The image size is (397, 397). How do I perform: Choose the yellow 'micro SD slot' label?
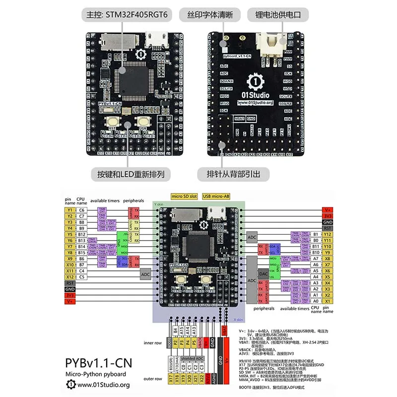click(x=184, y=196)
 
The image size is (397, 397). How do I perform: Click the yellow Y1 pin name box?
click(x=69, y=210)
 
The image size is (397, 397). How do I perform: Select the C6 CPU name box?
click(x=82, y=210)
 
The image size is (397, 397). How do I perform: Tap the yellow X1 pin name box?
click(x=327, y=301)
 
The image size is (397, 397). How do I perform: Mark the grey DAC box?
click(x=265, y=273)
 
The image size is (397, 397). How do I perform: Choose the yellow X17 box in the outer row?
click(x=170, y=380)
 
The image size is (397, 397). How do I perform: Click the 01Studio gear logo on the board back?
click(x=254, y=80)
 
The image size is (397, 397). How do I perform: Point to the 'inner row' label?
click(x=152, y=342)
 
